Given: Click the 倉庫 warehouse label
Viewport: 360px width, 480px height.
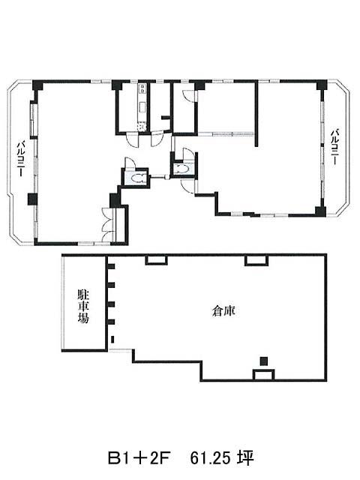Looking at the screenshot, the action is click(x=223, y=311).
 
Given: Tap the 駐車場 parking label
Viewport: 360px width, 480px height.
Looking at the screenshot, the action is click(x=83, y=307).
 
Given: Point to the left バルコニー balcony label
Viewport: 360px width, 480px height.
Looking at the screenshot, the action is click(x=20, y=158).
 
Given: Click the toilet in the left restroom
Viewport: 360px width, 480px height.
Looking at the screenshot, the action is click(x=137, y=178).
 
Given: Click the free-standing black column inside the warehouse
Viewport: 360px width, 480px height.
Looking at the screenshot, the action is click(x=264, y=361).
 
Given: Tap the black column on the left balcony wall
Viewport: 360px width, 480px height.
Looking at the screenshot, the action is click(x=32, y=199).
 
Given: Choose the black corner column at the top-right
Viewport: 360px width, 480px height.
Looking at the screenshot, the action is click(x=322, y=85).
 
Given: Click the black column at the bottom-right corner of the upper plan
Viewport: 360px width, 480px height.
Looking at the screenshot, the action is click(x=320, y=211).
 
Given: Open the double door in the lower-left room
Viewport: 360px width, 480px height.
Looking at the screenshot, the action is click(x=108, y=224).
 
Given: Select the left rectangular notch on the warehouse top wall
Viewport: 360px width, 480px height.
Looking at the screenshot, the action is click(x=156, y=259).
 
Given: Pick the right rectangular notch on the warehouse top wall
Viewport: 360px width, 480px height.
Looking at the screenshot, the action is click(x=256, y=260).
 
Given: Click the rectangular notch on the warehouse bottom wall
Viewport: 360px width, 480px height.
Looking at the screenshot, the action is click(x=263, y=375).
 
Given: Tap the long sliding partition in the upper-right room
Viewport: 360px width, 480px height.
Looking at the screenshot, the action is click(x=226, y=133).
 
